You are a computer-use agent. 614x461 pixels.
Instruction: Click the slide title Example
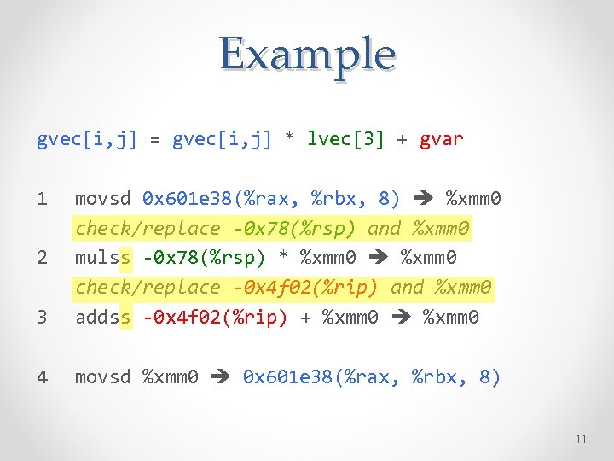pos(307,54)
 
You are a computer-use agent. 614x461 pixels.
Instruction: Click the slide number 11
pos(582,439)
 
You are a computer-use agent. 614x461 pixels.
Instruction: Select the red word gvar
pos(442,139)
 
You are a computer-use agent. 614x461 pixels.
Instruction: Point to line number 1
pos(43,199)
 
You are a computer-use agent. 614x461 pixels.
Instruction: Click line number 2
pos(43,257)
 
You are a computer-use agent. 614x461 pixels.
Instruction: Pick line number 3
pos(43,318)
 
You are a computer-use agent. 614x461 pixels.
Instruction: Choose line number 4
pos(43,376)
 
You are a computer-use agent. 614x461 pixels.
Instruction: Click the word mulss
pos(103,257)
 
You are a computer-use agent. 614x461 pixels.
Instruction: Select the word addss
pos(103,318)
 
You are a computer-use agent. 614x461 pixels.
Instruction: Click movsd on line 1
pos(103,199)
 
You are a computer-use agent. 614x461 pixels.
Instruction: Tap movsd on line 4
pos(103,376)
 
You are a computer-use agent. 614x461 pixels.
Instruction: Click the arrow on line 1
pos(423,200)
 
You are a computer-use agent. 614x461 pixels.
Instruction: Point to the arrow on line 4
pos(221,377)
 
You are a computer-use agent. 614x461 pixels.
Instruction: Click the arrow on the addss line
pos(401,318)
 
